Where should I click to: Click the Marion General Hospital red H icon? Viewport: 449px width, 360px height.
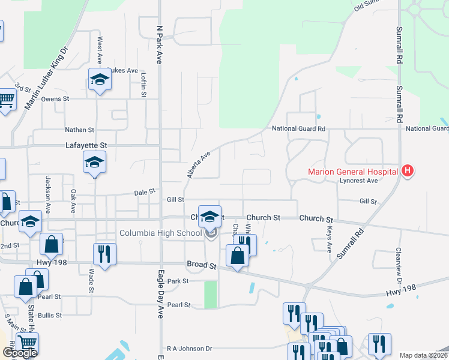408,172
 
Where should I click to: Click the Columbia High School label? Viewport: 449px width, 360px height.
160,233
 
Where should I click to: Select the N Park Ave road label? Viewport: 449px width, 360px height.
160,45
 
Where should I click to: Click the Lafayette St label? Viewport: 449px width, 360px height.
86,145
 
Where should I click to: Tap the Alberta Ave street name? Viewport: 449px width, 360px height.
199,164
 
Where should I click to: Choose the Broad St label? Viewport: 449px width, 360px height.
201,265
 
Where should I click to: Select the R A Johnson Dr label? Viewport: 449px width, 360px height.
190,348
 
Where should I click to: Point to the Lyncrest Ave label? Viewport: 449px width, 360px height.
358,181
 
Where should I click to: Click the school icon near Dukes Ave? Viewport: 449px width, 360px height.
99,79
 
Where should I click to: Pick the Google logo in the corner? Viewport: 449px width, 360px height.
20,353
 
